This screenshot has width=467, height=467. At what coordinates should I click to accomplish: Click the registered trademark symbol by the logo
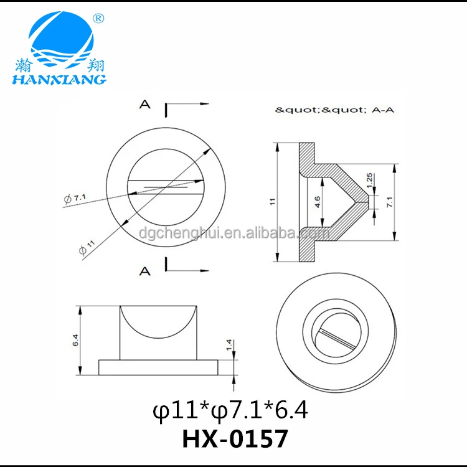tap(98, 19)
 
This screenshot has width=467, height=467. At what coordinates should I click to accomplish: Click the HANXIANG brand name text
tap(59, 79)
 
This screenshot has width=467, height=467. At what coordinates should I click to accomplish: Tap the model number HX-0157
tap(235, 439)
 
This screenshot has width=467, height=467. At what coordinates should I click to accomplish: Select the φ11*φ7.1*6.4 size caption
tap(230, 410)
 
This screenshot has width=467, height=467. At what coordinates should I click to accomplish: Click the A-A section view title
tap(383, 110)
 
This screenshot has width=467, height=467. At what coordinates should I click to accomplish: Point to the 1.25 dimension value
tap(369, 181)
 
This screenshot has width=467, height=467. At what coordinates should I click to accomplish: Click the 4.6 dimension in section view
tap(318, 202)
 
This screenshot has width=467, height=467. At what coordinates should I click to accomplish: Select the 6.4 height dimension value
tap(75, 340)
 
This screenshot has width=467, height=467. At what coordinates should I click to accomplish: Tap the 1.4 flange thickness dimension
tap(229, 345)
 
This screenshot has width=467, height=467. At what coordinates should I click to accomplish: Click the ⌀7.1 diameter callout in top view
tap(75, 198)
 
